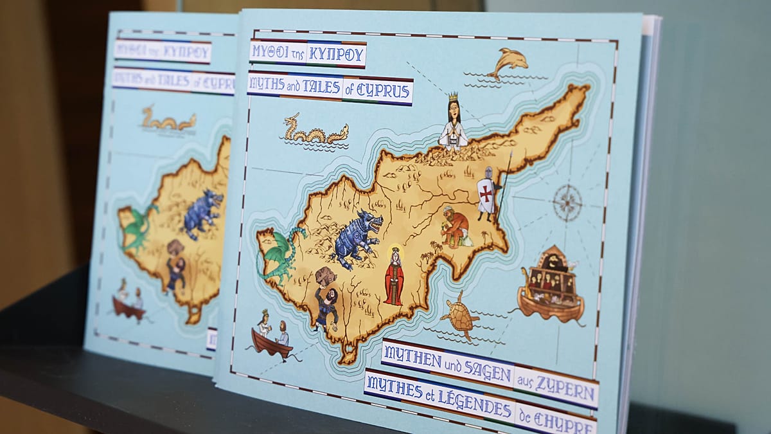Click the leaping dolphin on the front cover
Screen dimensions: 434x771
point(510,63)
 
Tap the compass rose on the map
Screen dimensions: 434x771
point(567,202)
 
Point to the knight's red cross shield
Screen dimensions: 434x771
point(486,192)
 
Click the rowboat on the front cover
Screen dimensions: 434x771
point(271,341)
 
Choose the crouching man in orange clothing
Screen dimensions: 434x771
point(456,227)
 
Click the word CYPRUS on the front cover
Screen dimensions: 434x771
point(387,92)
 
